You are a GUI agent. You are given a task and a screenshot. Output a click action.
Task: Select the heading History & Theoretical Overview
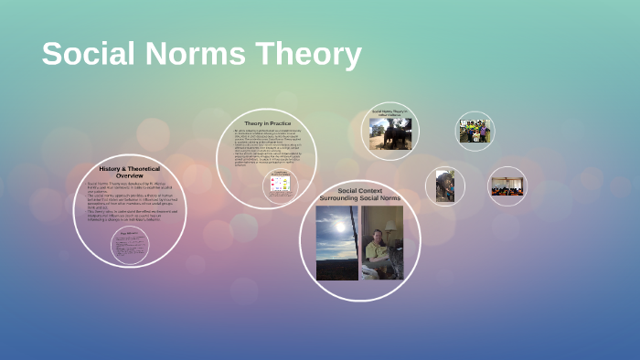[x=129, y=173]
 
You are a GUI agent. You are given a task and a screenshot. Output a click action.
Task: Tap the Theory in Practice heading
[x=267, y=123]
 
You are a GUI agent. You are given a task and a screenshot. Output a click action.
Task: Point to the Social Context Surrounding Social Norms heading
[x=359, y=195]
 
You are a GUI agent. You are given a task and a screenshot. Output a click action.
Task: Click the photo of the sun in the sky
[x=336, y=242]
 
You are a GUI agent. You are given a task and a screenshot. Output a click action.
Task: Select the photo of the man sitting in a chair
[x=381, y=242]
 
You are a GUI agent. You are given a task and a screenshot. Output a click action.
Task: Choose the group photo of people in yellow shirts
[x=475, y=132]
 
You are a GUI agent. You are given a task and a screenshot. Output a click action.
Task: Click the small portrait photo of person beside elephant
[x=445, y=185]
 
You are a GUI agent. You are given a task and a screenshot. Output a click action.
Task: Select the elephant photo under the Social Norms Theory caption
[x=390, y=133]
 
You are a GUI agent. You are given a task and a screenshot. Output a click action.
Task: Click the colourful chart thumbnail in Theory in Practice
[x=281, y=185]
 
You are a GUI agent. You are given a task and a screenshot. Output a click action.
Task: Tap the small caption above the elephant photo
[x=390, y=113]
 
